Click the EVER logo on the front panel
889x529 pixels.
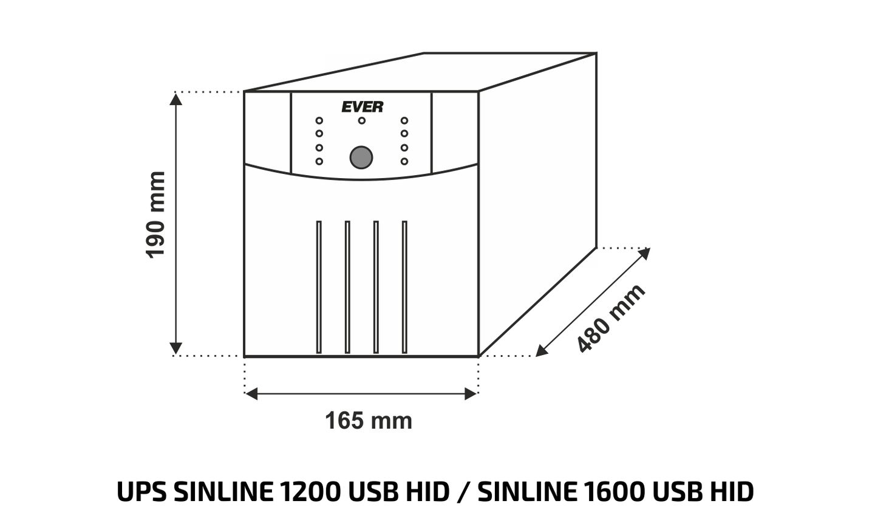(x=362, y=107)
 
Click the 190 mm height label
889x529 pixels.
(x=156, y=215)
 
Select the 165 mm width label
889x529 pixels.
(x=368, y=421)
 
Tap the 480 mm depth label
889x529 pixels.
(x=611, y=318)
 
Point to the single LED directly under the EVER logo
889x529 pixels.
(x=362, y=120)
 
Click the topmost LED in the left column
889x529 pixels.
(x=319, y=120)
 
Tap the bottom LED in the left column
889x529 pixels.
(x=319, y=161)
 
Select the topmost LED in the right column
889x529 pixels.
(x=404, y=120)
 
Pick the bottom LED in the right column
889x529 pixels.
(x=404, y=161)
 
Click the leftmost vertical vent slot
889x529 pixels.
(x=319, y=286)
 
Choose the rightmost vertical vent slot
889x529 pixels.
(x=404, y=286)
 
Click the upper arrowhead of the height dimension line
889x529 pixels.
(x=175, y=99)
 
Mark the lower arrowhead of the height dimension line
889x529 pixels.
(x=175, y=348)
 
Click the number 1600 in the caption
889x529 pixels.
(x=613, y=492)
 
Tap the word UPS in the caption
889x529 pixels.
(x=141, y=492)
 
